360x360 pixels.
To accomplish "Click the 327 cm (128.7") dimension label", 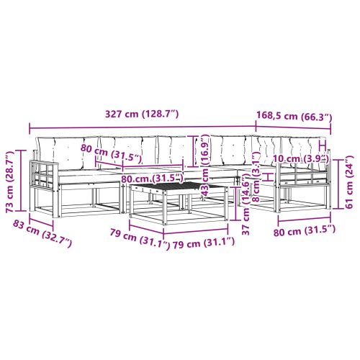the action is tap(142, 114).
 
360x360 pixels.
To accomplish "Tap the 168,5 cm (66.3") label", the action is tap(294, 117).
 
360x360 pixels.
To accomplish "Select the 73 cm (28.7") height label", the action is tap(10, 181).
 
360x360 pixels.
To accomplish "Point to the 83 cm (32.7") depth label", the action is tap(42, 233).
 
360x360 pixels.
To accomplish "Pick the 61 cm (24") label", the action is tap(349, 181).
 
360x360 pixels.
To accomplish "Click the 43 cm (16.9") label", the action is tap(204, 166).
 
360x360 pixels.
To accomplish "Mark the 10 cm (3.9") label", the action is tap(301, 158).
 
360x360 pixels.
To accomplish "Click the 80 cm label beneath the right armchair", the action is tap(305, 231).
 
